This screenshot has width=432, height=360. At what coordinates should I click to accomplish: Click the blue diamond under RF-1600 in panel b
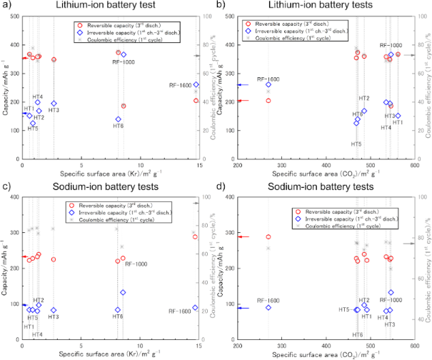pos(268,85)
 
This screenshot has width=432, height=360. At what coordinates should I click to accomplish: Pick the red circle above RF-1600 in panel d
pos(268,237)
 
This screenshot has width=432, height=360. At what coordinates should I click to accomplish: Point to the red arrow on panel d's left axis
pos(243,237)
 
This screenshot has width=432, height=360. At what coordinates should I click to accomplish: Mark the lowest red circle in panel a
pos(124,106)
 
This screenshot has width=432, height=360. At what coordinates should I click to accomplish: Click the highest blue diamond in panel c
pos(124,292)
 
